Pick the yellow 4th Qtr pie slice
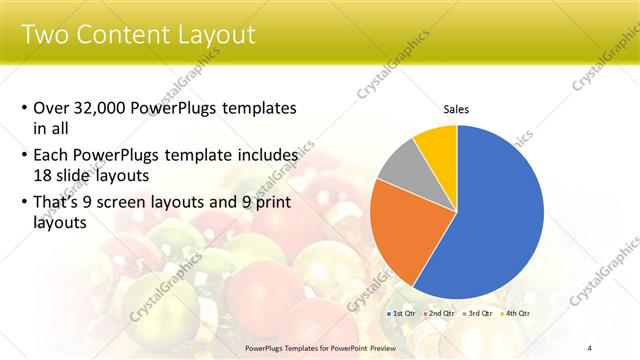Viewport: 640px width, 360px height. [438, 144]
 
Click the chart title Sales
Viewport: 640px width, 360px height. [456, 110]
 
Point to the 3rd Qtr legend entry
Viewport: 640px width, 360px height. [477, 313]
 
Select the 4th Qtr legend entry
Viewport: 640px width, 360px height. [515, 313]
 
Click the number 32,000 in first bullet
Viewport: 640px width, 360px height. [104, 107]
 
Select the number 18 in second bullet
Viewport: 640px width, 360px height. [44, 174]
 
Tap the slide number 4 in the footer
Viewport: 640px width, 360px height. [590, 347]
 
